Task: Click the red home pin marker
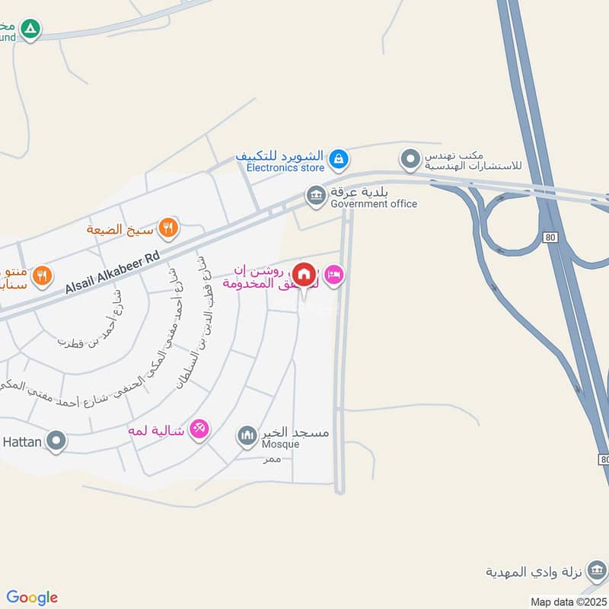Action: click(304, 274)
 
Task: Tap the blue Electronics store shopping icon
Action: click(340, 160)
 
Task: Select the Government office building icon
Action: click(315, 196)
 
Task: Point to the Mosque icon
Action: click(247, 435)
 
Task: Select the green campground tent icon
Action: click(30, 30)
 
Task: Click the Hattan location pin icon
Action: click(56, 440)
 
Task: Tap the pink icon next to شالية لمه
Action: click(199, 429)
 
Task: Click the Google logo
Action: click(32, 598)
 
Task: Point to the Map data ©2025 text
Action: click(567, 601)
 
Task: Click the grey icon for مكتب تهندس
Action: click(410, 160)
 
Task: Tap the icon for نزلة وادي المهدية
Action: click(598, 570)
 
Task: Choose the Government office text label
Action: click(374, 203)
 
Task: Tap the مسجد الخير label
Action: click(302, 432)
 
